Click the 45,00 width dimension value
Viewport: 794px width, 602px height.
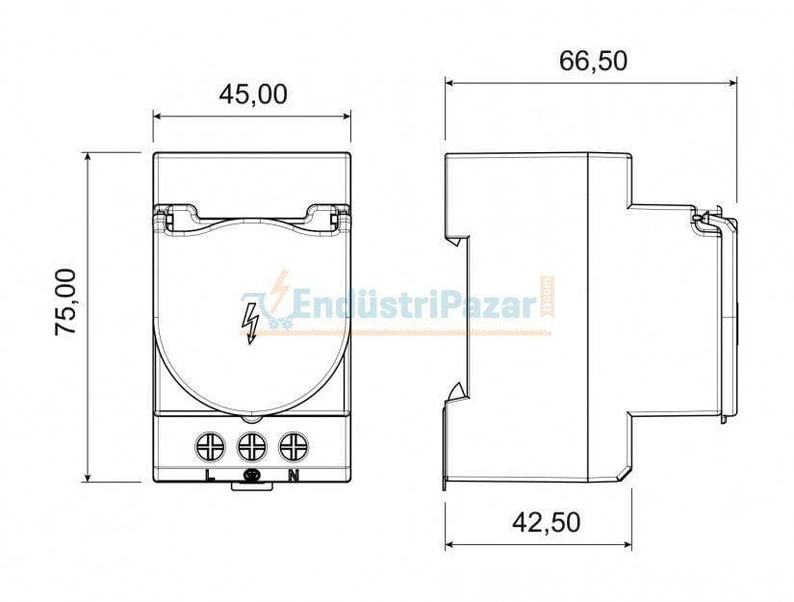(x=252, y=93)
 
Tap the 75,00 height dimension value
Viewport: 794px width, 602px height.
(x=66, y=301)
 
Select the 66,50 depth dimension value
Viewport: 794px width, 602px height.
(x=593, y=61)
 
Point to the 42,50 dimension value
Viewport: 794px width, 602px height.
(x=546, y=522)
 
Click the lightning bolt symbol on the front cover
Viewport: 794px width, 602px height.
(x=251, y=322)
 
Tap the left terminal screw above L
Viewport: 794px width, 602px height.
(x=210, y=446)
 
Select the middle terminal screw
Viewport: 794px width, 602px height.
(x=251, y=446)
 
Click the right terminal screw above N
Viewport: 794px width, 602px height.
(x=293, y=446)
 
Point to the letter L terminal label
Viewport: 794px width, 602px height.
(x=210, y=474)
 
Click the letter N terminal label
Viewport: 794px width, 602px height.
(x=293, y=474)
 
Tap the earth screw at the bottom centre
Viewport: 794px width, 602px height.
(x=253, y=476)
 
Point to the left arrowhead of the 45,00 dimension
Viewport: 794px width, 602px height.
(x=158, y=118)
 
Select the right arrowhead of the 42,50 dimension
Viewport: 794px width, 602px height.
(x=627, y=545)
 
